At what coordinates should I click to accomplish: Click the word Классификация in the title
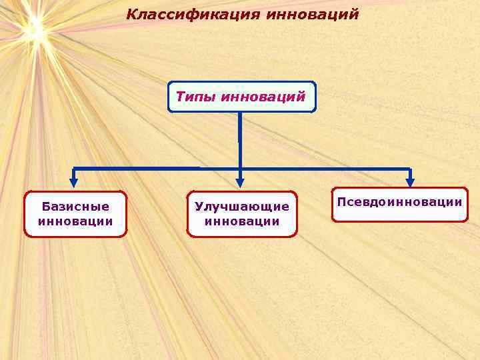tap(193, 14)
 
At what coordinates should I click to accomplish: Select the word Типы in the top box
tap(195, 97)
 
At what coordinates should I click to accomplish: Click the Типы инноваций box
tap(241, 97)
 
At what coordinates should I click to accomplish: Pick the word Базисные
tap(75, 207)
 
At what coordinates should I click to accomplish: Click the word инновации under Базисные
tap(75, 221)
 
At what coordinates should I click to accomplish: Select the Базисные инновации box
tap(75, 214)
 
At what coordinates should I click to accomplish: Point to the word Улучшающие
tap(242, 207)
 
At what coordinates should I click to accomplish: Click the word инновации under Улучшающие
tap(242, 221)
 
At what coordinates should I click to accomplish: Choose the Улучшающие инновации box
tap(242, 214)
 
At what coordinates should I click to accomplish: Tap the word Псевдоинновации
tap(400, 201)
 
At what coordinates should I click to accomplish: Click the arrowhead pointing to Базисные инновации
tap(74, 181)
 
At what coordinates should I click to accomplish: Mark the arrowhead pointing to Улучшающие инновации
tap(241, 181)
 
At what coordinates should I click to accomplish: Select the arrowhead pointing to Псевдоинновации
tap(410, 181)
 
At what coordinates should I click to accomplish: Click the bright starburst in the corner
tap(33, 28)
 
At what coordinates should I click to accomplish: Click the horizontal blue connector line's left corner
tap(74, 168)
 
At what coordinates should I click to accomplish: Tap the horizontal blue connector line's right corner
tap(410, 168)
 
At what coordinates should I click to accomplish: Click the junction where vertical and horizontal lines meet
tap(240, 168)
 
